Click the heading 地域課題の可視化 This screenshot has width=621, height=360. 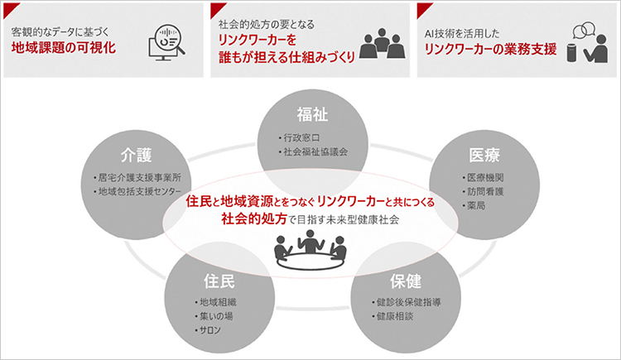point(64,48)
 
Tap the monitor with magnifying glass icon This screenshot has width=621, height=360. point(166,43)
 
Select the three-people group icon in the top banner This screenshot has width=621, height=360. point(383,44)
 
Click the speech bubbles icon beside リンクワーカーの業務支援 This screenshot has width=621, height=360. point(584,30)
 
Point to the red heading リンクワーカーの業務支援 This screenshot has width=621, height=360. point(490,49)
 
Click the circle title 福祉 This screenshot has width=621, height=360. point(312,114)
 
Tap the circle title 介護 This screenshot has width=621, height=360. point(137,155)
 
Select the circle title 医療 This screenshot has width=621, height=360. point(484,155)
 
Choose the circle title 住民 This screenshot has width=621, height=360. point(219,281)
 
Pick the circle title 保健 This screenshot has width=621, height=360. point(406,281)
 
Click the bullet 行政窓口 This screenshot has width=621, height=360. point(299,138)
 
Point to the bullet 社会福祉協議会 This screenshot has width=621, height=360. point(313,151)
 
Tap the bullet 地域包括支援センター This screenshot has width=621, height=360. point(137,192)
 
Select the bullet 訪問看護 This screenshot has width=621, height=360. point(483,192)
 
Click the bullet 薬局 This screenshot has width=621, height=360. point(474,205)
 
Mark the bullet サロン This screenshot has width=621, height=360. point(208,330)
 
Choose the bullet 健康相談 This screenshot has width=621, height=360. point(392,316)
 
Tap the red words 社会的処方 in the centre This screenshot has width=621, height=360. point(254,218)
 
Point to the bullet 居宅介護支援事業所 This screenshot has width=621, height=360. point(137,178)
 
